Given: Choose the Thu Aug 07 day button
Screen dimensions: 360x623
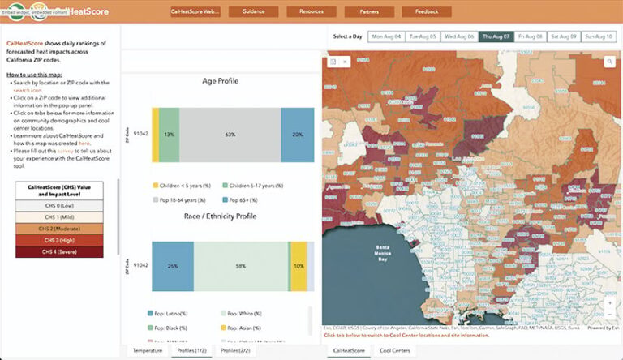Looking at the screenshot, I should tap(496, 36).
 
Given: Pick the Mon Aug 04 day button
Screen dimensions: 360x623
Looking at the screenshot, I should tap(386, 36).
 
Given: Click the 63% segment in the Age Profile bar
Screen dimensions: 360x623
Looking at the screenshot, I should tap(230, 135).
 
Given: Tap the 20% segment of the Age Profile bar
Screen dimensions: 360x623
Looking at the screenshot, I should tap(298, 135).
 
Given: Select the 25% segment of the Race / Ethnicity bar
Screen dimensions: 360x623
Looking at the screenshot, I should tap(172, 265).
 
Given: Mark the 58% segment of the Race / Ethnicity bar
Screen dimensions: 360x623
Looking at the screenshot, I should tap(242, 265).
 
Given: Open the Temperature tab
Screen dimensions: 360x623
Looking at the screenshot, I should tap(147, 351).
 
